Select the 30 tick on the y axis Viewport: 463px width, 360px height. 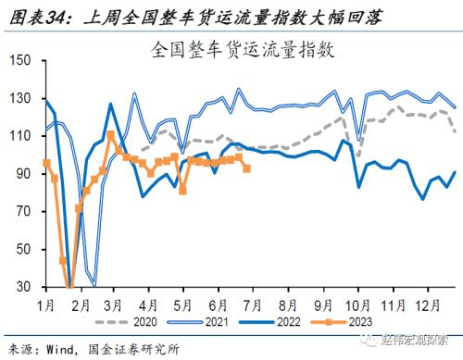pos(23,288)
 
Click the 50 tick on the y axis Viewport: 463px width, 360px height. pos(23,250)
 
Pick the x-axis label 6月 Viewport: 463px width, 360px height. pos(218,304)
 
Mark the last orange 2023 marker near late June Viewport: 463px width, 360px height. pos(246,168)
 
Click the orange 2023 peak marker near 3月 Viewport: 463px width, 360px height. pos(111,135)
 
